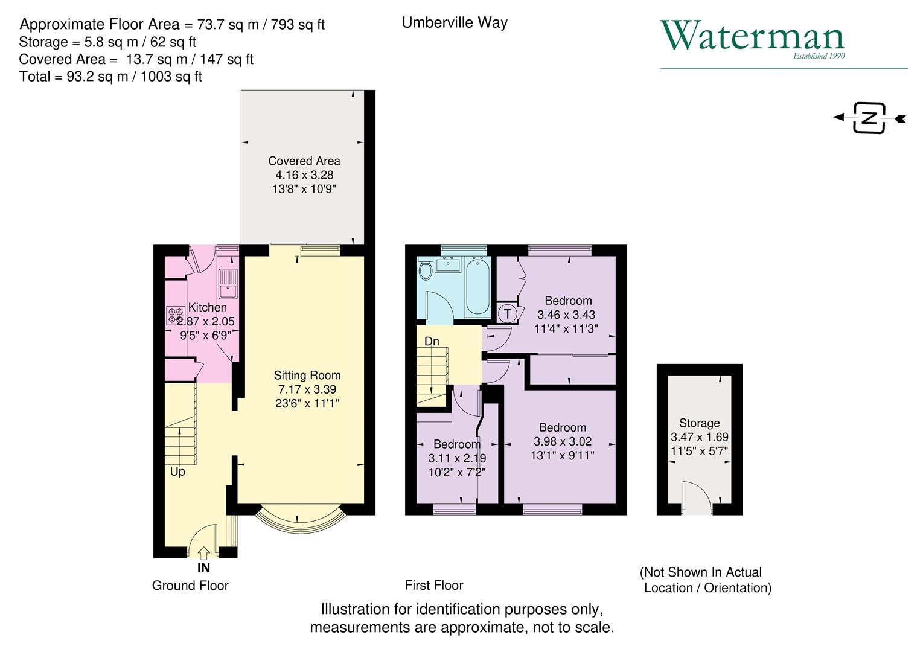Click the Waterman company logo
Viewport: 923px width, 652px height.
(x=752, y=38)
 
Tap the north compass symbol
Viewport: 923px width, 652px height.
(x=869, y=118)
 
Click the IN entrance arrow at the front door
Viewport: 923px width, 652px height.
(x=204, y=552)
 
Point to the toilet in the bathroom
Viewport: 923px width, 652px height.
(x=425, y=270)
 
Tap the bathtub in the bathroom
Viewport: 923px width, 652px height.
(x=477, y=286)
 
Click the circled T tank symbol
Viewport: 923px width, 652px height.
(x=507, y=314)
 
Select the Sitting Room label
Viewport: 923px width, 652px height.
(x=307, y=376)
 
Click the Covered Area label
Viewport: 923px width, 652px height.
(x=304, y=161)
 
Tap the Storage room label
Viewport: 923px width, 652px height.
(x=699, y=423)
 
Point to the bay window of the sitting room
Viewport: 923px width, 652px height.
(x=300, y=517)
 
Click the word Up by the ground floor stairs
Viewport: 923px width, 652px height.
(x=177, y=471)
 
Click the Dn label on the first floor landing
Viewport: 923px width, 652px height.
(x=432, y=342)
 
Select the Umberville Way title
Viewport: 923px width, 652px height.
(x=455, y=23)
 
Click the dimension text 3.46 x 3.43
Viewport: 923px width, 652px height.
(x=566, y=315)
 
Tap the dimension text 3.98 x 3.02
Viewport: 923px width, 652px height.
(x=563, y=441)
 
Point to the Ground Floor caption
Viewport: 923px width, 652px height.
(x=190, y=586)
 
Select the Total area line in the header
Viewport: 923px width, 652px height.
(x=110, y=77)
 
